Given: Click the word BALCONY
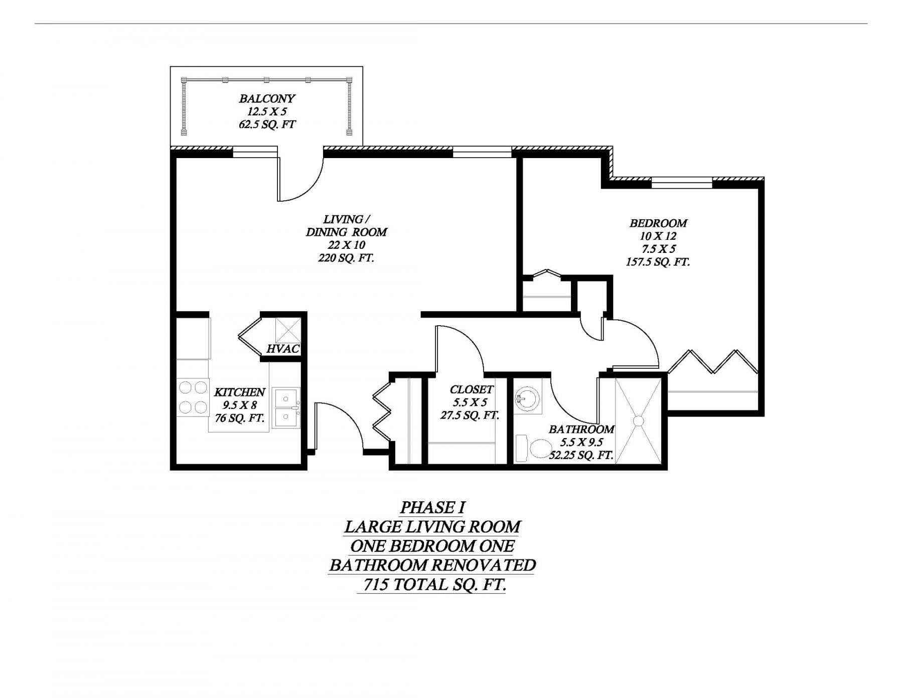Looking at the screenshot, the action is (267, 98).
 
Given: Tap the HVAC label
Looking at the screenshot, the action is (283, 349).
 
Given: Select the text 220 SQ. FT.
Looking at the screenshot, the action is (346, 258).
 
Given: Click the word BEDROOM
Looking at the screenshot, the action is (658, 223).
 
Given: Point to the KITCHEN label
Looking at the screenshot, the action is (239, 392).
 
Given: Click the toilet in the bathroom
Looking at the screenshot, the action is (534, 448).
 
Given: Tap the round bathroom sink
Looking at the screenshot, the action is (527, 400).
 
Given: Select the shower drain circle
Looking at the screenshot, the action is (639, 421).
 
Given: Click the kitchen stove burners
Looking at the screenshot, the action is (193, 397).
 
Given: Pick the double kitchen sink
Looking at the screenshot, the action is (286, 407).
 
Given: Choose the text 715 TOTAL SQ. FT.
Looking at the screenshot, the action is (434, 584).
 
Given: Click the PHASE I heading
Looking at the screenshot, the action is (432, 507).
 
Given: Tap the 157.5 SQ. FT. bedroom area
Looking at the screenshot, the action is (658, 262).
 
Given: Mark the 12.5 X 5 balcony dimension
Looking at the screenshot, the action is (267, 111).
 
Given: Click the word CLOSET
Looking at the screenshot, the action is (471, 389).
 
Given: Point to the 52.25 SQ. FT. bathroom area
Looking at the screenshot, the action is (581, 455).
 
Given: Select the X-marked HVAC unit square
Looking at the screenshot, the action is (288, 330).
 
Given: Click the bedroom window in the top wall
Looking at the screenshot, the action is (682, 183).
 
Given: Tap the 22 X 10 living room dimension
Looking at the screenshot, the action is (346, 245).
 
